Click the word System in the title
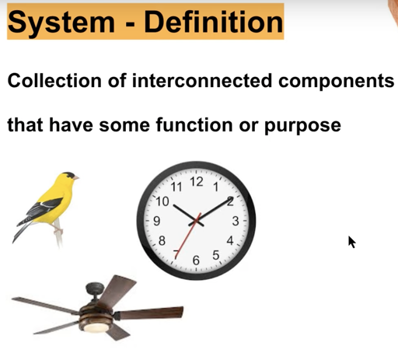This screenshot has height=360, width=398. (x=61, y=23)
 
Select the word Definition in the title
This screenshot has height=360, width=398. (x=214, y=22)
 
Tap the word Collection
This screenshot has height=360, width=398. (x=54, y=81)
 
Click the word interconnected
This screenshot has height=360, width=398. (x=202, y=81)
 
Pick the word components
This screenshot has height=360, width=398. (x=337, y=82)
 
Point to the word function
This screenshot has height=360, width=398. (x=194, y=125)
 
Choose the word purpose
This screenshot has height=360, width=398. (x=302, y=127)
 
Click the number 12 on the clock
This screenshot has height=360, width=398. (x=197, y=182)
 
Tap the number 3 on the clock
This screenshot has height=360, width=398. (x=236, y=221)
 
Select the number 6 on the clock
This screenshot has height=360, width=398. (x=196, y=260)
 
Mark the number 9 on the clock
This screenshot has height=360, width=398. (x=157, y=221)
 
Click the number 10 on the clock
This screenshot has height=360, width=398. (x=162, y=201)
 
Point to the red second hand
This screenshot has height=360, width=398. (x=188, y=236)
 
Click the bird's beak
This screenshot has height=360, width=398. (x=75, y=177)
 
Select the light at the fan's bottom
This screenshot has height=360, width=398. (x=96, y=327)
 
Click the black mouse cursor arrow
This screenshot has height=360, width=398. (x=351, y=242)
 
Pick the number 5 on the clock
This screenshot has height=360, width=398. (x=216, y=255)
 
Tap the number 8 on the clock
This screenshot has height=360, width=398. (x=162, y=241)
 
